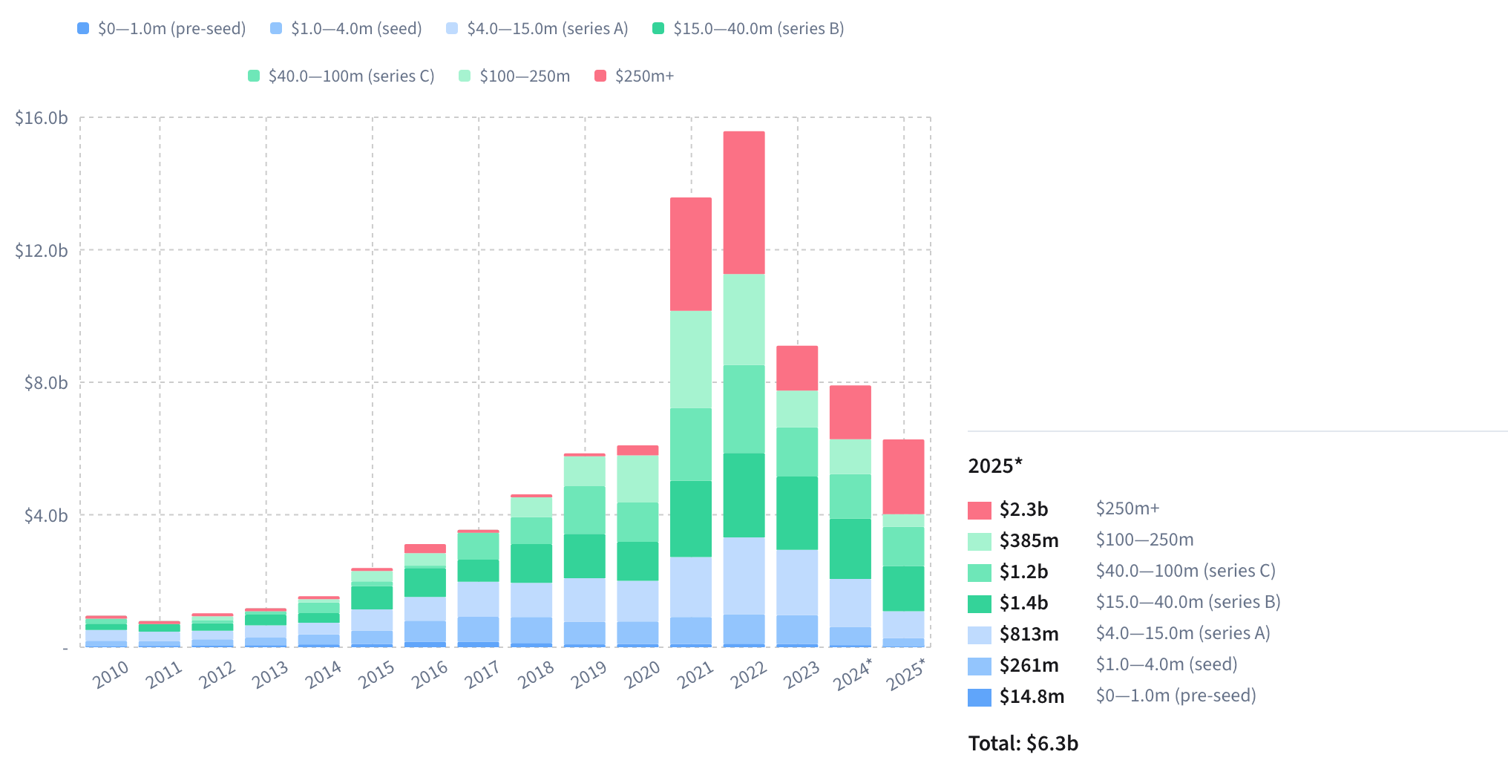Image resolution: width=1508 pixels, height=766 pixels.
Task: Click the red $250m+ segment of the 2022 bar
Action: tap(744, 203)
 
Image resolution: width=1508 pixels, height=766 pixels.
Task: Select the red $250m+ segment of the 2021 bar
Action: tap(690, 254)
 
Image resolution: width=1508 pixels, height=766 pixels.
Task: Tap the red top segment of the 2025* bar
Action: tap(903, 477)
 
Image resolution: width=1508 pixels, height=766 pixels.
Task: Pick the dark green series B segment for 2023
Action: tap(797, 513)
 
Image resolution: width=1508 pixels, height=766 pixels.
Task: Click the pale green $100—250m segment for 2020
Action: tap(637, 479)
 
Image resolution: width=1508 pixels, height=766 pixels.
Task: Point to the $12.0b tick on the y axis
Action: tap(42, 251)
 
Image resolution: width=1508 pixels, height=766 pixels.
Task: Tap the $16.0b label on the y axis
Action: tap(42, 118)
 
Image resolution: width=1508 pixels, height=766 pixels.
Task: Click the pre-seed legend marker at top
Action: tap(83, 28)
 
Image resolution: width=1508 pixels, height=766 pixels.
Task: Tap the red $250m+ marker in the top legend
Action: tap(601, 76)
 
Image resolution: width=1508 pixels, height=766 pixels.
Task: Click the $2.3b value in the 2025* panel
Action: tap(1023, 509)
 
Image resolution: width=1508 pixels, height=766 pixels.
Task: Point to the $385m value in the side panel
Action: tap(1029, 540)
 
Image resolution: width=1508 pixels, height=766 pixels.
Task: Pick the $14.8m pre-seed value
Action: tap(1032, 696)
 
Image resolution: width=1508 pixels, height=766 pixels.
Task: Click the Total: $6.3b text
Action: tap(1023, 743)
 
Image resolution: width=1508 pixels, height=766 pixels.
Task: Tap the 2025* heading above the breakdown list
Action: tap(994, 465)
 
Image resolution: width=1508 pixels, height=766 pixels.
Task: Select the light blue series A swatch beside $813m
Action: tap(979, 635)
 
